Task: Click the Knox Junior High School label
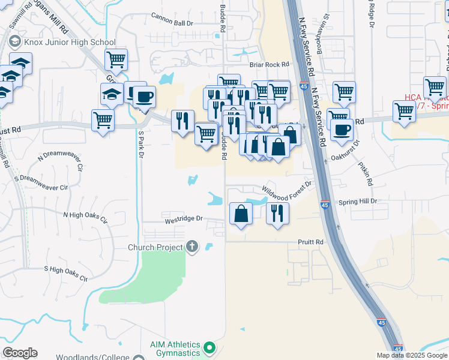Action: tap(69, 42)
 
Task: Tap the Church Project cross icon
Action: tap(191, 246)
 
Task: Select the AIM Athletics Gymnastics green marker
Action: tap(209, 347)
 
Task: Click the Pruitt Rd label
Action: tap(311, 242)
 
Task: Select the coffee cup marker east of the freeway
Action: tap(342, 129)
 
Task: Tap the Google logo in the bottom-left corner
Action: tap(20, 353)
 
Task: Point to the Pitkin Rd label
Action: tap(366, 173)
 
